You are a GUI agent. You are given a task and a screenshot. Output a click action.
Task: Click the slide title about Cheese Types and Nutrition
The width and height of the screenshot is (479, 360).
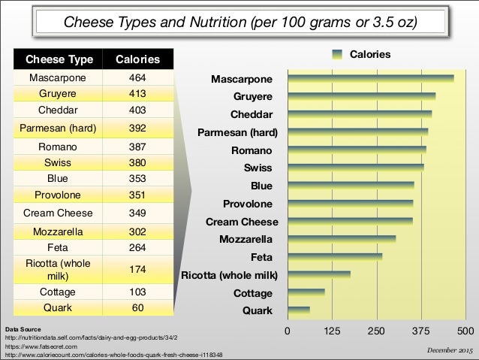click(239, 21)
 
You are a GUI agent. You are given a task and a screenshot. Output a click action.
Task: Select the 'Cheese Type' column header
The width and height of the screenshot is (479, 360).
click(61, 59)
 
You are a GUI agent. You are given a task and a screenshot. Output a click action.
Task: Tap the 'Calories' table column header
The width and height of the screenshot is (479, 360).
click(137, 59)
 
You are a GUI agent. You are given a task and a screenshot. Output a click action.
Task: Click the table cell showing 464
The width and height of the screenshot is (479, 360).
click(137, 77)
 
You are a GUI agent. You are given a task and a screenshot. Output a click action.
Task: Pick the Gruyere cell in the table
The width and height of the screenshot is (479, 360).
click(61, 94)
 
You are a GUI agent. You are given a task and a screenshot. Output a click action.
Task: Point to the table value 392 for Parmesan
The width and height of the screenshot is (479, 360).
click(137, 128)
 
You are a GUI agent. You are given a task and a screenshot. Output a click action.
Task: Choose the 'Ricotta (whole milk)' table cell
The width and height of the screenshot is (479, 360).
click(61, 270)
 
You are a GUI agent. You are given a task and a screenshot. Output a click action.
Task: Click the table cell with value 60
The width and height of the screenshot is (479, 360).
click(137, 307)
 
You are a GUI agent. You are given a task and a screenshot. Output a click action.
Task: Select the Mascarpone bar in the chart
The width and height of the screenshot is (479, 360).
click(370, 78)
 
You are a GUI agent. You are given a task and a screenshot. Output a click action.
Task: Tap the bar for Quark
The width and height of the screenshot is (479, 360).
click(298, 310)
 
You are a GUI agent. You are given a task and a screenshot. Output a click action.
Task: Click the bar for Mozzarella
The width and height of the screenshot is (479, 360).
click(341, 239)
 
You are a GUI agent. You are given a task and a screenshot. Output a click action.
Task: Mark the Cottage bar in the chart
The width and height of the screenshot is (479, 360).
click(306, 292)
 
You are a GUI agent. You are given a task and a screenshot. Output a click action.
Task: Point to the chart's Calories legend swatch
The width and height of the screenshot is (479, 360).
click(337, 54)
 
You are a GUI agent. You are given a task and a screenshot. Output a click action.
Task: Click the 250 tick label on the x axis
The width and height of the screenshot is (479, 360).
click(376, 331)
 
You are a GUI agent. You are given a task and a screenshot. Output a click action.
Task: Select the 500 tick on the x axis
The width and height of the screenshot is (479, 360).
click(465, 331)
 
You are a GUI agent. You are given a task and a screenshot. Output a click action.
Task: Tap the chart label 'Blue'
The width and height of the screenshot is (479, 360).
click(261, 186)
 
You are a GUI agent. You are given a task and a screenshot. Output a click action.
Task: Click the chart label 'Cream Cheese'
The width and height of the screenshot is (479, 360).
click(242, 222)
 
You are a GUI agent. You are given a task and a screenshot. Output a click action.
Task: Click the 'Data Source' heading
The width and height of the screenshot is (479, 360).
click(23, 330)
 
